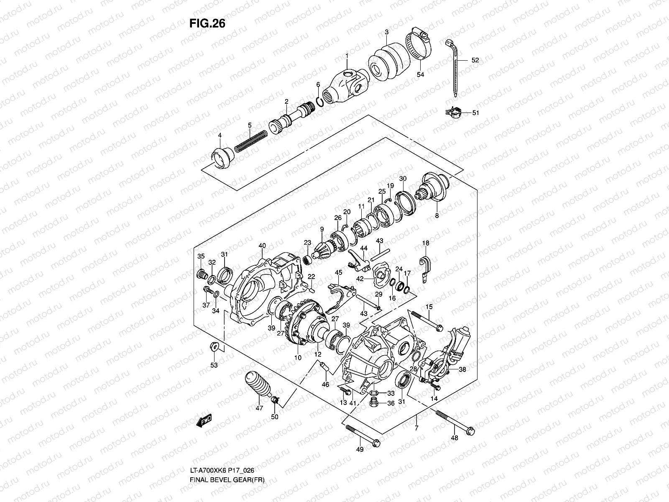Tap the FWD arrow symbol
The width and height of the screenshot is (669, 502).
click(x=204, y=420)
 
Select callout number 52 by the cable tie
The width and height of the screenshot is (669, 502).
click(x=475, y=60)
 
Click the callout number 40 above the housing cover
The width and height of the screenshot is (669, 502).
click(x=262, y=245)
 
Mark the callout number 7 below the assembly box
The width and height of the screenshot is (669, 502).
click(x=416, y=428)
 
